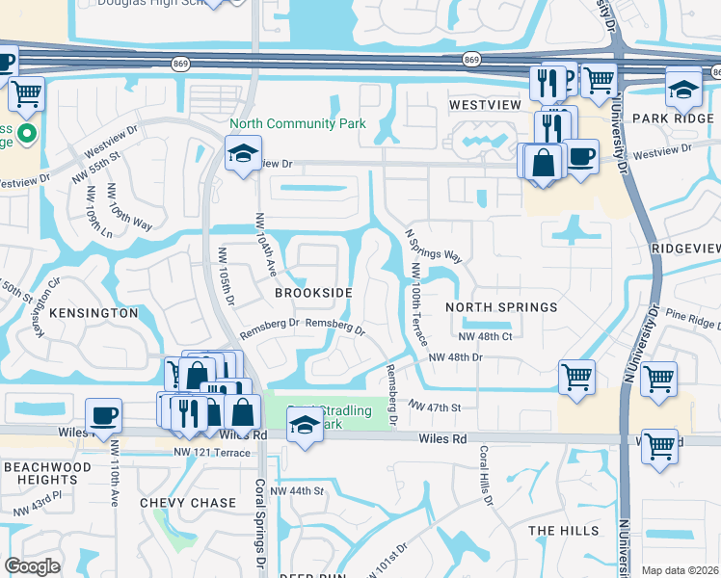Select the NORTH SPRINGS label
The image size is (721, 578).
click(501, 307)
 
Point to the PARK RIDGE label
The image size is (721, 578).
click(673, 118)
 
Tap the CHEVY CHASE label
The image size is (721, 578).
click(187, 503)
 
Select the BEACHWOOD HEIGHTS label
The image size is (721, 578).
click(40, 472)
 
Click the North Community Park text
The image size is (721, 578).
click(297, 123)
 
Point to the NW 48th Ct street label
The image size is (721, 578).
click(484, 336)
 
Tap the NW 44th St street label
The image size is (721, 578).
click(298, 491)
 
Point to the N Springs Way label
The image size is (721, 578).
click(434, 247)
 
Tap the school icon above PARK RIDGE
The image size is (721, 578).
click(683, 88)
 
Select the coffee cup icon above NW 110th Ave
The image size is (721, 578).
click(103, 416)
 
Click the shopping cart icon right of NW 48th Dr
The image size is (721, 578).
click(576, 377)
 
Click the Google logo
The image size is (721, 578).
click(32, 565)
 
